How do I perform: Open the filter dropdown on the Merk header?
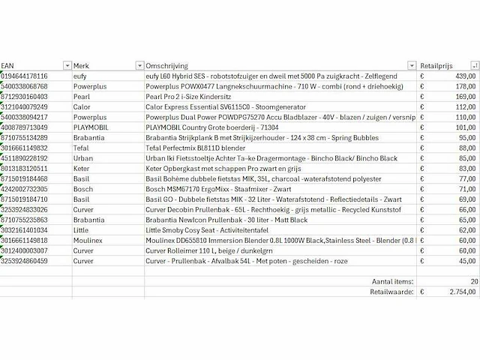click(x=139, y=65)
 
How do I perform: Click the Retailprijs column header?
click(x=439, y=65)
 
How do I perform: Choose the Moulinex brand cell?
click(x=87, y=241)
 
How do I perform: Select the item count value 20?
click(x=472, y=280)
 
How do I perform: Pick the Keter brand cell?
click(x=80, y=169)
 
